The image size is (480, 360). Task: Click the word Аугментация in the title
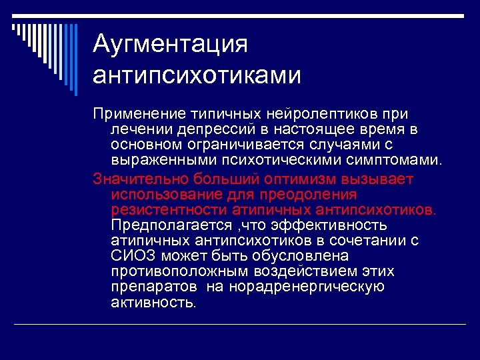(x=170, y=45)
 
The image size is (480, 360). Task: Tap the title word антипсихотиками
(x=197, y=75)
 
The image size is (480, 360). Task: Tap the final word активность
(x=154, y=303)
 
